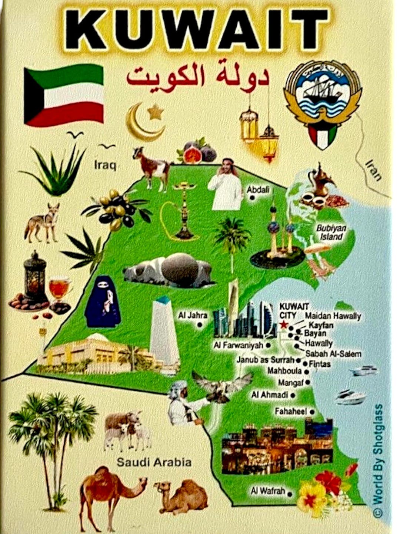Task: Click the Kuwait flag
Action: [64, 95]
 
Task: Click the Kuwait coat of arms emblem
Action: [323, 104]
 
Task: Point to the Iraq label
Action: [105, 164]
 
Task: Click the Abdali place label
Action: [258, 190]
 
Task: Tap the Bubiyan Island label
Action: [331, 232]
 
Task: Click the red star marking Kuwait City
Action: [284, 325]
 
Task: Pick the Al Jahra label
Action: [193, 316]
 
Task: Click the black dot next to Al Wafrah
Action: [290, 494]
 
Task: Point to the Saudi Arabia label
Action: [154, 462]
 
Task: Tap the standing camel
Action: [111, 489]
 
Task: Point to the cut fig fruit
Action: [192, 155]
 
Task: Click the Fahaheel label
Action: [291, 411]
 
